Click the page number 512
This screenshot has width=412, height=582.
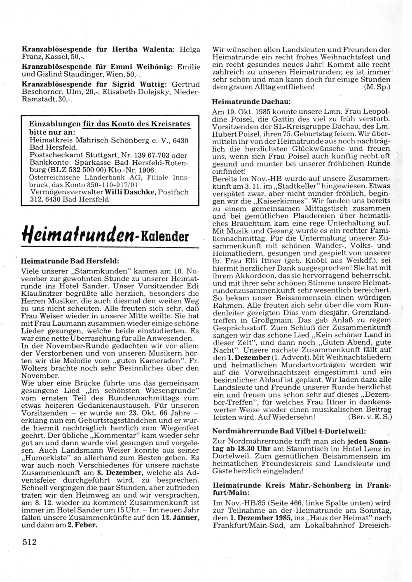(30, 542)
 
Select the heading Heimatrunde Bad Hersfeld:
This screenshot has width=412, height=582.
(70, 261)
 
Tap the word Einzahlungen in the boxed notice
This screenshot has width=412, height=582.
(55, 124)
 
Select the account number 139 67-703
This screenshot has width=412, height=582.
(153, 155)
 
